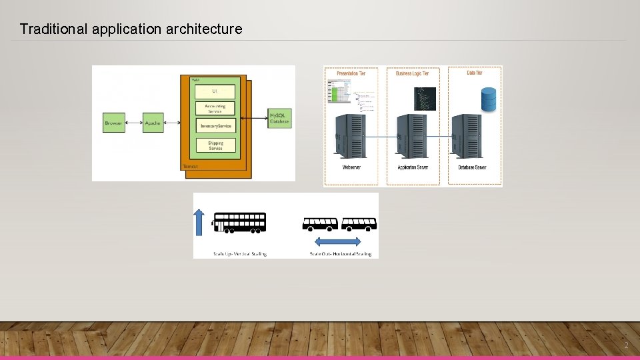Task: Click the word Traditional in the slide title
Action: click(x=51, y=29)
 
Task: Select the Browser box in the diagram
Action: click(x=114, y=123)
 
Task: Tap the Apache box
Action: click(x=153, y=123)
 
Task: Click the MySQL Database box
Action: click(x=279, y=119)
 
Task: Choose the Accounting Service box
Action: click(x=215, y=108)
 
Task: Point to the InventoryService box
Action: click(x=215, y=126)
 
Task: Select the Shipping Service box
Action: click(x=215, y=145)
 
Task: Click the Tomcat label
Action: click(x=190, y=165)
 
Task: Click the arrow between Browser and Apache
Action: click(x=134, y=123)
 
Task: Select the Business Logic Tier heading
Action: click(x=413, y=73)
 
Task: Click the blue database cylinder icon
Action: click(x=489, y=99)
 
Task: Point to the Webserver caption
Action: click(x=351, y=167)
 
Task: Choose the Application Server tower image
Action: click(x=413, y=136)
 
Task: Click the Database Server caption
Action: click(x=471, y=167)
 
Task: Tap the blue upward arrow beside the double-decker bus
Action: click(x=199, y=223)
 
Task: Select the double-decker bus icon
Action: click(x=239, y=223)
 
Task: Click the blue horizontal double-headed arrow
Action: click(x=337, y=241)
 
